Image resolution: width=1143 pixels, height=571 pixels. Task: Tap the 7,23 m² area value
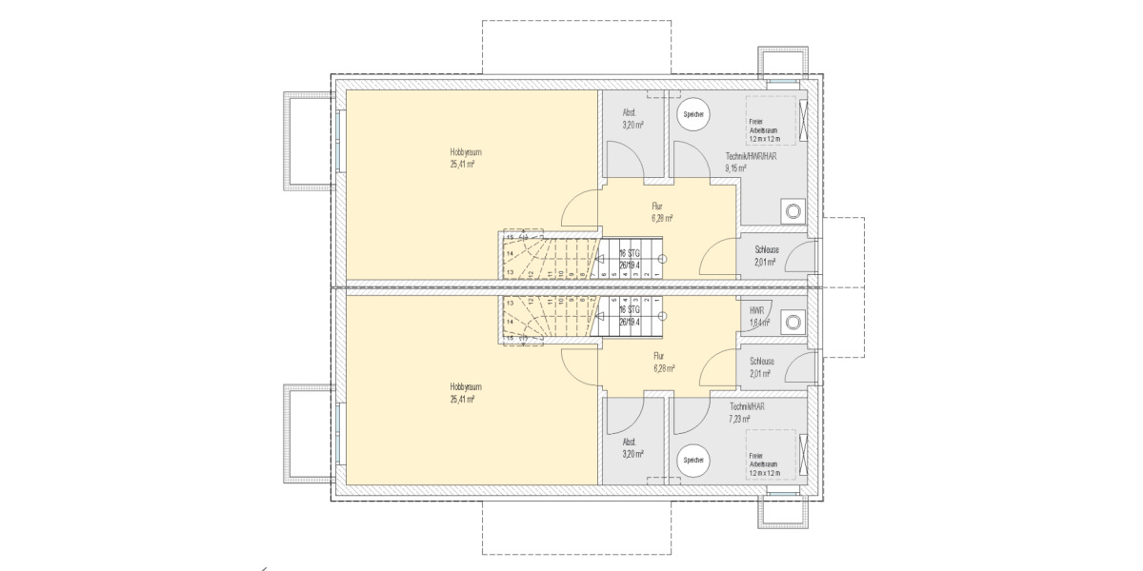coord(740,418)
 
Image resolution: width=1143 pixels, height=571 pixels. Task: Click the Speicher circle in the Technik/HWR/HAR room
coord(692,114)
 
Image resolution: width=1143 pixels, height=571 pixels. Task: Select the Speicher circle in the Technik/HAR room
coord(692,461)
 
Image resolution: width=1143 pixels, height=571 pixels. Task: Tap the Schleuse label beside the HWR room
coord(762,362)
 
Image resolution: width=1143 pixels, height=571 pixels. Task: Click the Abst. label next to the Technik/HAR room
coord(630,443)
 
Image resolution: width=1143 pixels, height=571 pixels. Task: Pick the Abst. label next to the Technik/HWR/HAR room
coord(630,113)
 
